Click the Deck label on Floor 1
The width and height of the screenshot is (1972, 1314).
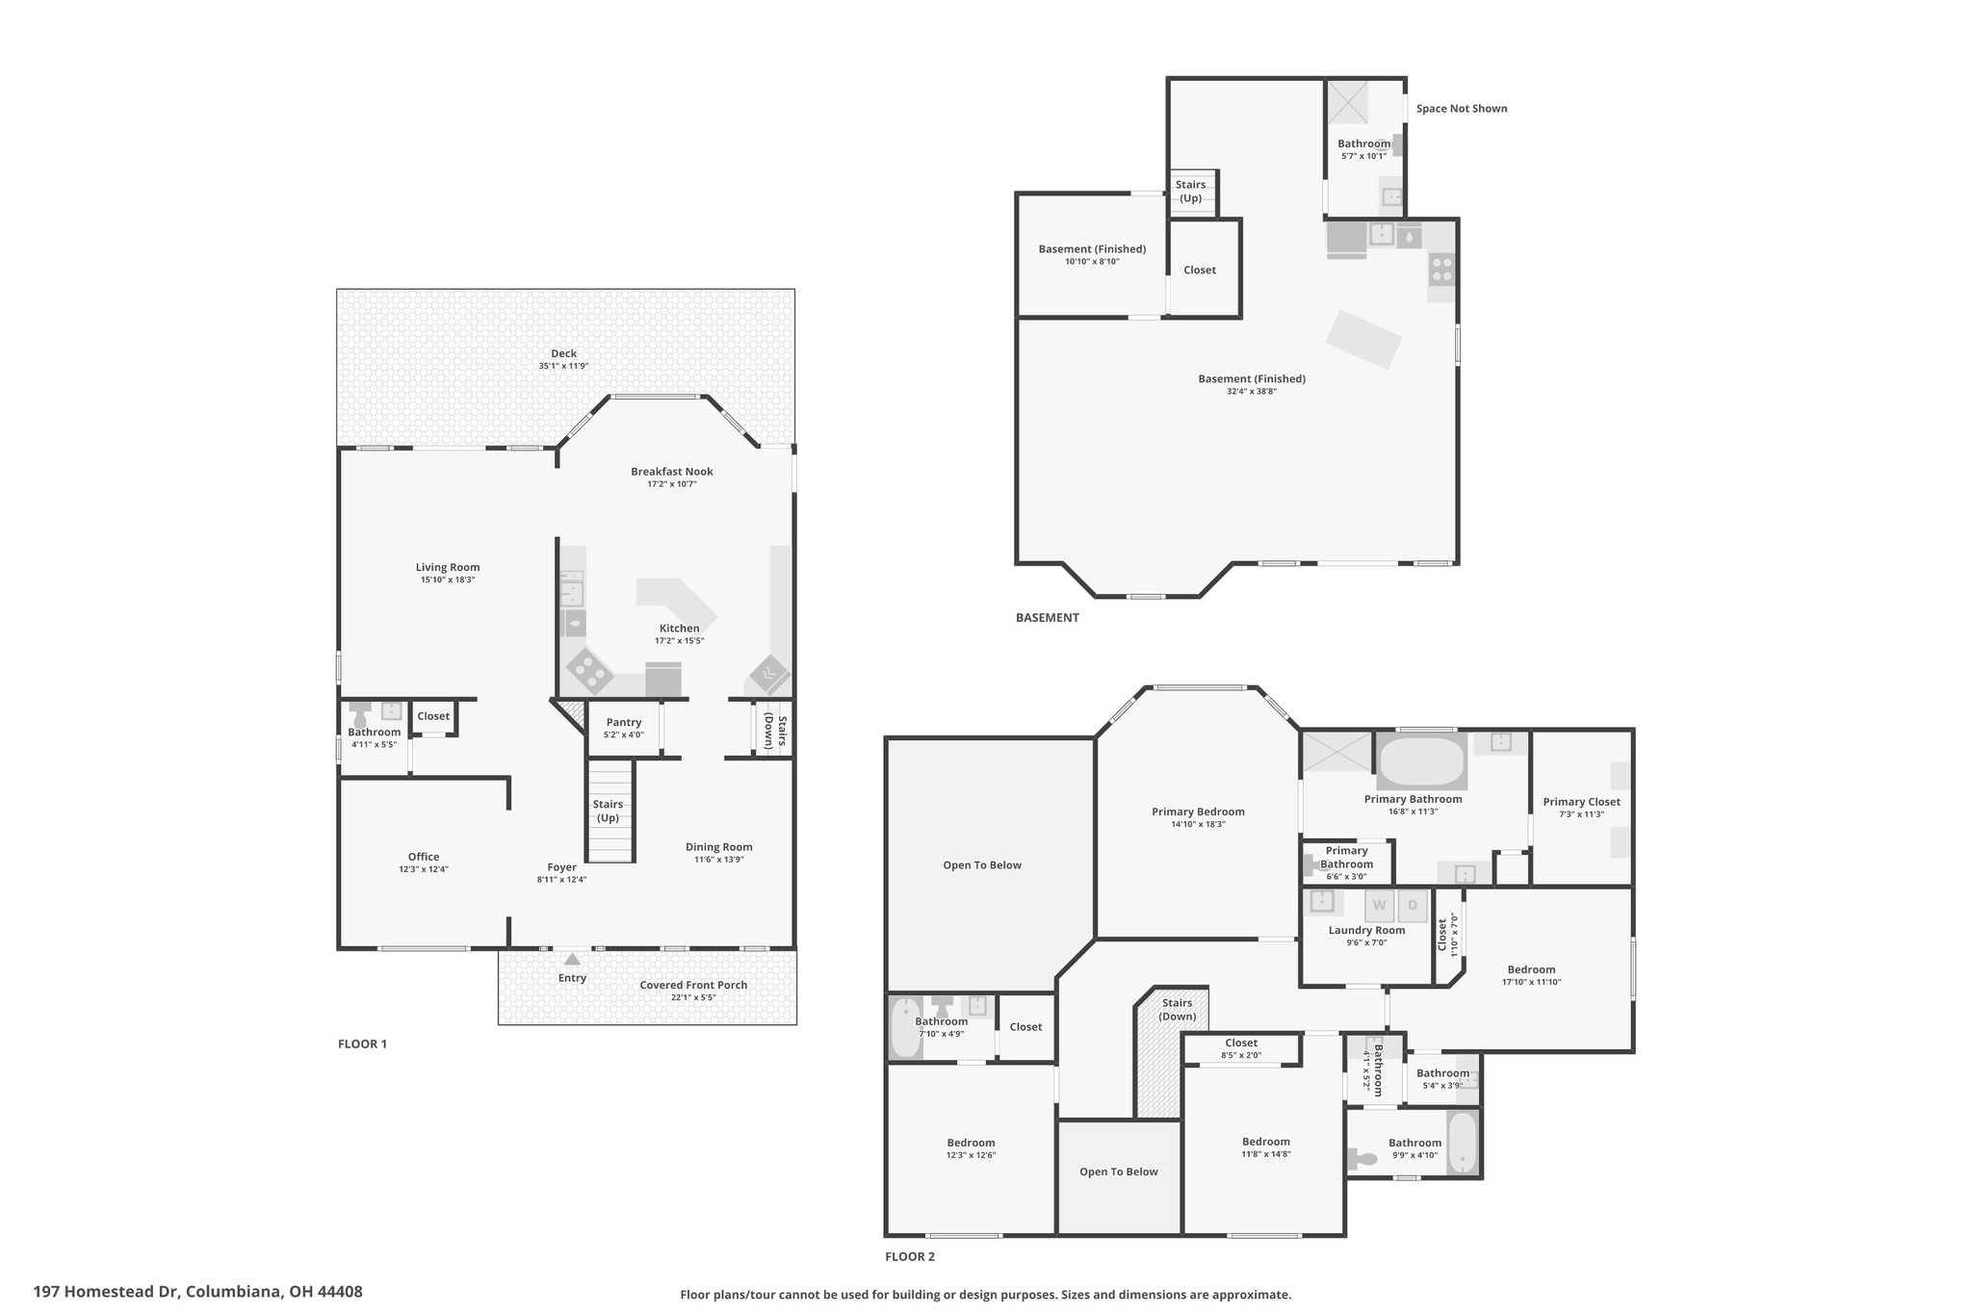563,353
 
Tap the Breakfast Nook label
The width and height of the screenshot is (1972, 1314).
672,472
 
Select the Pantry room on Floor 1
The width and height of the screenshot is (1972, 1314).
624,729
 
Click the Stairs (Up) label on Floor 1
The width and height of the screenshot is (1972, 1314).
608,811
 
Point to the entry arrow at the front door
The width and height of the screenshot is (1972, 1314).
572,959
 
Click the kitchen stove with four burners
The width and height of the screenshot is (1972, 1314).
588,670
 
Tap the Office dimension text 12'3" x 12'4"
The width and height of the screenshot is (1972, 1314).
424,869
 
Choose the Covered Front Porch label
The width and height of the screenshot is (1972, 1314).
693,985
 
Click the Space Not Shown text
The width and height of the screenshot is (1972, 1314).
1462,109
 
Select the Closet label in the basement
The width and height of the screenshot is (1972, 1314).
1200,270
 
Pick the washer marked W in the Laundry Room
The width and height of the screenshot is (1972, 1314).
1380,906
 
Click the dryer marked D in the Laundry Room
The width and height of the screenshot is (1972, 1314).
1413,906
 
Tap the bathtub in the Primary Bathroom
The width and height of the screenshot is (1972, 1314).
1422,761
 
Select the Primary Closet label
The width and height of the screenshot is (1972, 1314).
1581,802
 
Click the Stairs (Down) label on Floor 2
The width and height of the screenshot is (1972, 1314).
1178,1010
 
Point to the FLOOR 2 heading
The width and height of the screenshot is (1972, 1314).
910,1256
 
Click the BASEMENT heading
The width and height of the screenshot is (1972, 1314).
1048,618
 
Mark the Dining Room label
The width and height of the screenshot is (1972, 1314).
719,847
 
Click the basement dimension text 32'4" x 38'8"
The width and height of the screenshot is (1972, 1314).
1252,392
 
